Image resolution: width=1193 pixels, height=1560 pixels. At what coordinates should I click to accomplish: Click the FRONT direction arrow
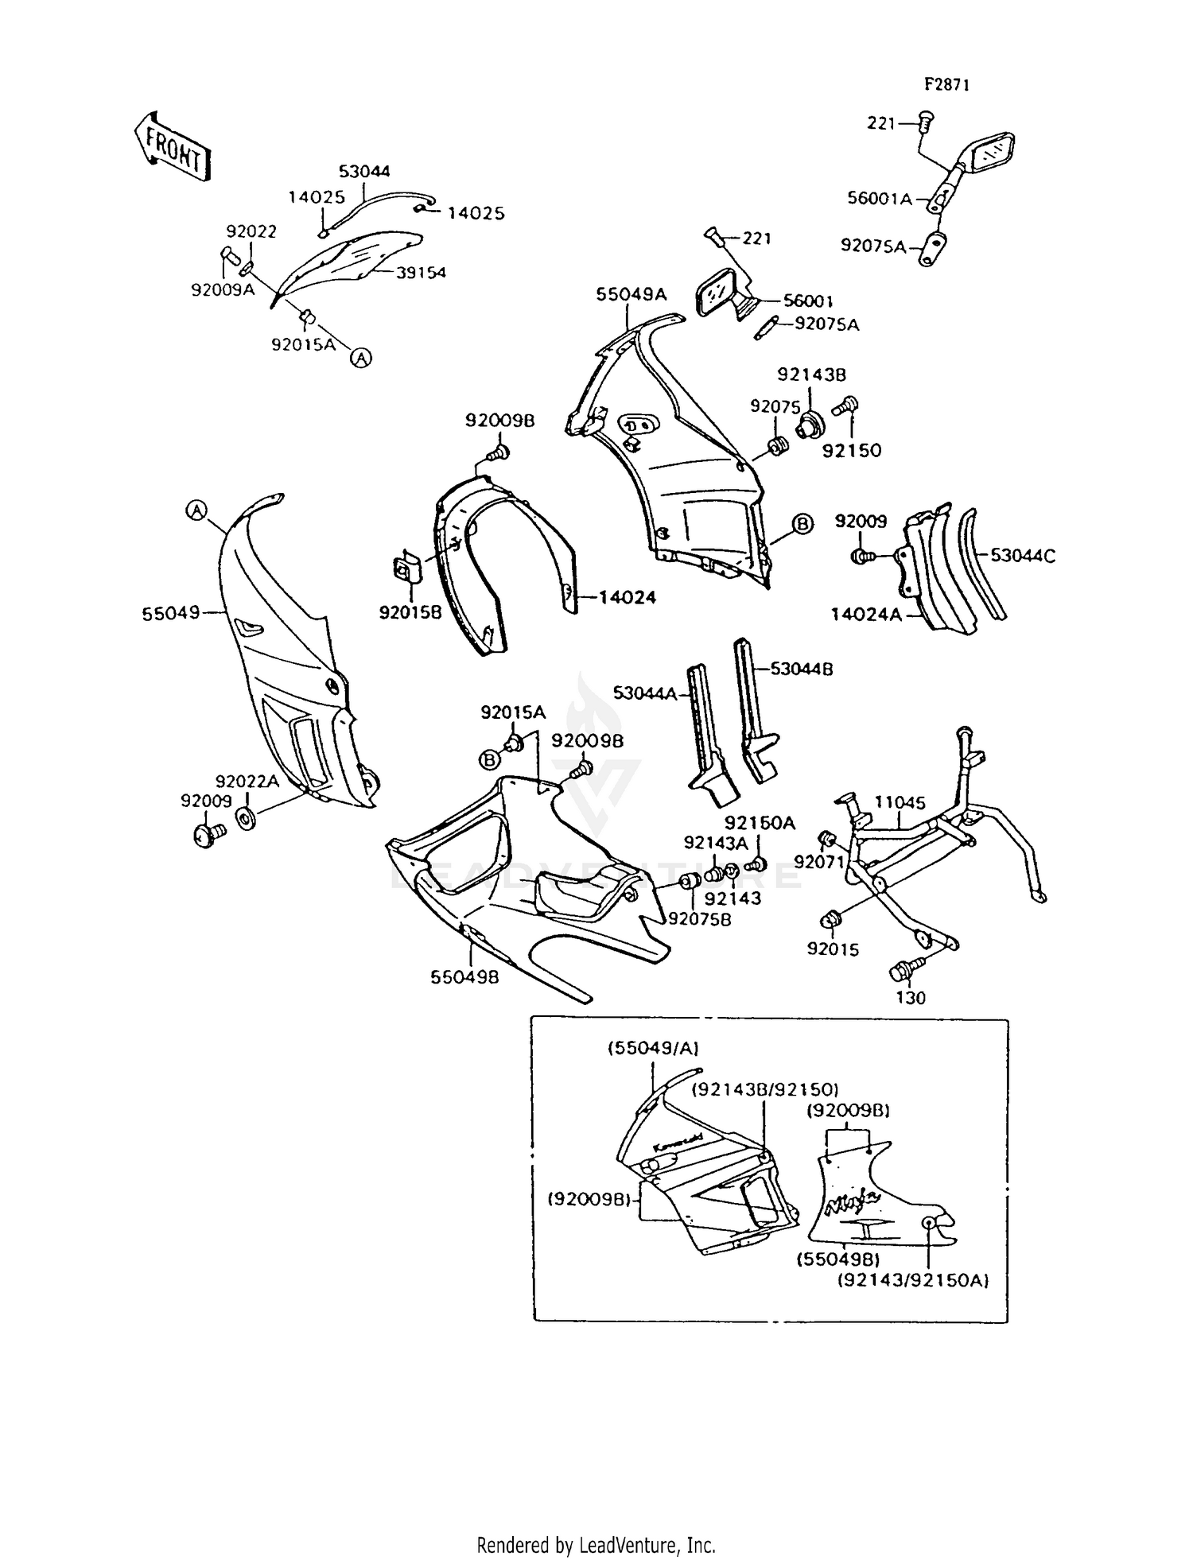click(172, 149)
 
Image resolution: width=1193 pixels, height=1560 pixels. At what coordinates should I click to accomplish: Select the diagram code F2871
click(946, 85)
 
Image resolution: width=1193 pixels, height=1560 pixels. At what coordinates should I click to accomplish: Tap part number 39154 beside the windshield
click(421, 273)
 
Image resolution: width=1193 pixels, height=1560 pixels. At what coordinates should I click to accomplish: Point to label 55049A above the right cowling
click(631, 294)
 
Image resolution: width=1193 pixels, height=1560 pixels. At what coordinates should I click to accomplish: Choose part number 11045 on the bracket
click(900, 802)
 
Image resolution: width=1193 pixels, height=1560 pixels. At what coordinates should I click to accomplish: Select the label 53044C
click(1023, 557)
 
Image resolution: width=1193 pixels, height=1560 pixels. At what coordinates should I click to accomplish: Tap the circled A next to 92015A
click(361, 358)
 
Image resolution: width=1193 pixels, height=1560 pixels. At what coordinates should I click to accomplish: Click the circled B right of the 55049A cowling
click(802, 523)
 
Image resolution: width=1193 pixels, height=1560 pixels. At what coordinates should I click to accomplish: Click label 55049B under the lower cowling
click(465, 977)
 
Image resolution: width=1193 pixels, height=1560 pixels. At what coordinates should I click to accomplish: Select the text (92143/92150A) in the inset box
click(913, 1281)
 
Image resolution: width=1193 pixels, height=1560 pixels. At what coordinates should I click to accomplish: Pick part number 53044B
click(801, 669)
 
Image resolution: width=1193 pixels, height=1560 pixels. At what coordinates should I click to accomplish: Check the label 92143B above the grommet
click(811, 374)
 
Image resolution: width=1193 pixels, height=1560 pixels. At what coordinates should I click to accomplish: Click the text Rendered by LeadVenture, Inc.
click(596, 1545)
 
